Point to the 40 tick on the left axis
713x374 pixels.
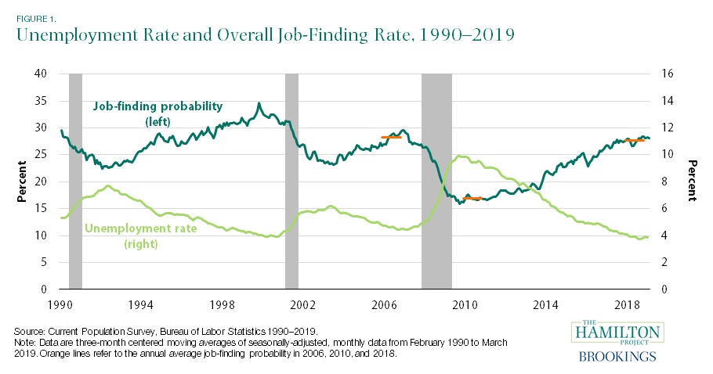coord(42,74)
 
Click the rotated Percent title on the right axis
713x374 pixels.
coord(692,182)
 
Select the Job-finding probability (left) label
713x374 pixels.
coord(157,113)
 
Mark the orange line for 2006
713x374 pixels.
coord(390,137)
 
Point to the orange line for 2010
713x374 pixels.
coord(472,199)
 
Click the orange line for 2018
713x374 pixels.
coord(632,140)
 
